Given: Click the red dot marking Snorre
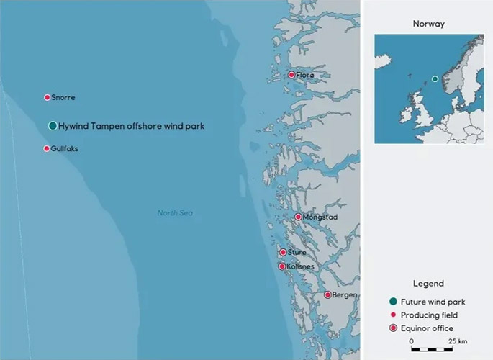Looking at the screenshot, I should tap(48, 97).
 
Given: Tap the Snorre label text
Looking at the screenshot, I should tap(63, 98).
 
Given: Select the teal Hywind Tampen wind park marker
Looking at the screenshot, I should tap(53, 126).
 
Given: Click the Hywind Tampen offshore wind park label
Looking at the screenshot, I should tap(132, 126).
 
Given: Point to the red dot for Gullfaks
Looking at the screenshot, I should tap(47, 148).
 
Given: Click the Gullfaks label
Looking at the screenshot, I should tap(65, 149).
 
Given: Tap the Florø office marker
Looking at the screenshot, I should tap(291, 75).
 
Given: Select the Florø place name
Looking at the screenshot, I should tap(305, 75).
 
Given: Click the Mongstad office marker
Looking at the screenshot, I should tap(299, 217).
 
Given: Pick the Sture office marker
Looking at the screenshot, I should tap(283, 252).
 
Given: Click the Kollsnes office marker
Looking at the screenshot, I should tap(282, 266).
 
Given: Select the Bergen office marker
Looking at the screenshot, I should tap(327, 294).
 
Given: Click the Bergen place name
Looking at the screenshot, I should tap(345, 295).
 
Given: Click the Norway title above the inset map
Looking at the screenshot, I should tap(429, 24).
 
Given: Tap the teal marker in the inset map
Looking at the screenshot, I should tap(435, 78).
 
